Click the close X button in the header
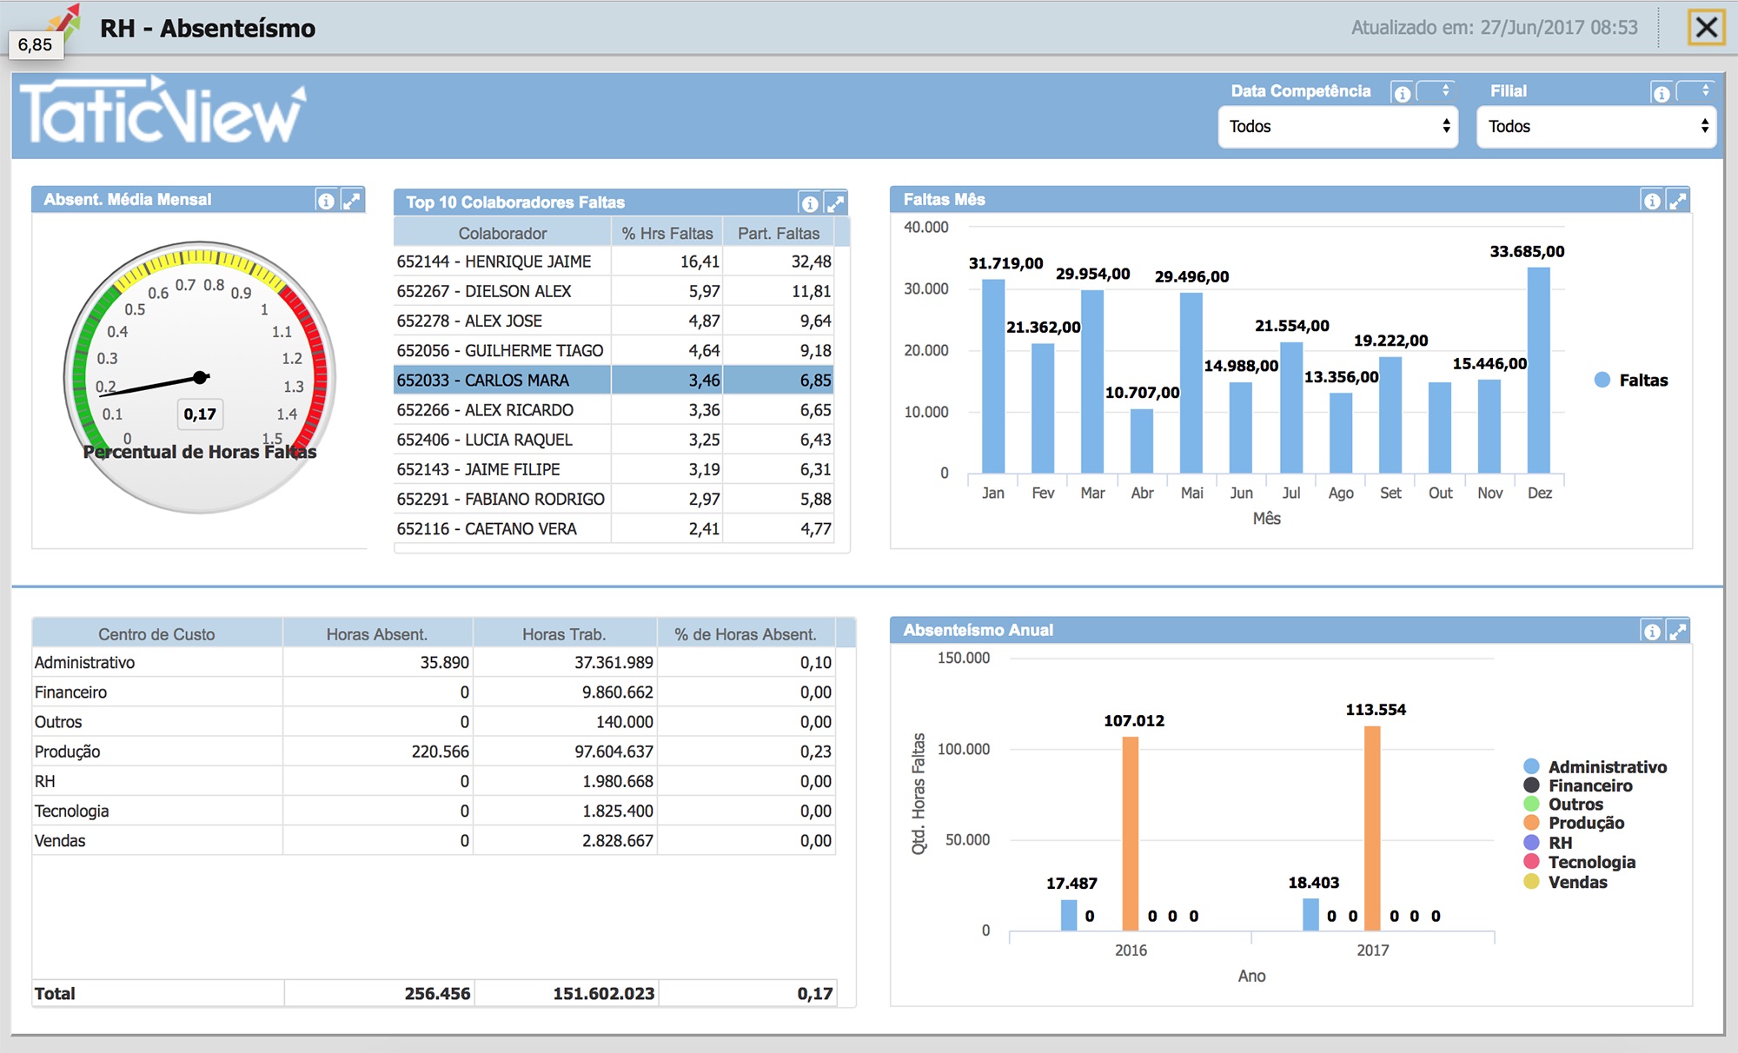[x=1706, y=28]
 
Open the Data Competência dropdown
[x=1338, y=127]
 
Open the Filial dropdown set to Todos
[x=1596, y=127]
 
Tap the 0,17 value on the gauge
[x=200, y=414]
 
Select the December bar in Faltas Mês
[x=1538, y=370]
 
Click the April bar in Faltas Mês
[x=1142, y=441]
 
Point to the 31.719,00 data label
[x=1005, y=263]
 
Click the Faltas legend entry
[x=1632, y=380]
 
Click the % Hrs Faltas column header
[x=667, y=233]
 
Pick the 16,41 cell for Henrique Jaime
[x=667, y=262]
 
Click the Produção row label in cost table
[x=68, y=752]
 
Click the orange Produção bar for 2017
[x=1372, y=829]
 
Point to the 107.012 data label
[x=1134, y=720]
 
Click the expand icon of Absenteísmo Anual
[x=1677, y=632]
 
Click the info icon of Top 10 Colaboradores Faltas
[x=810, y=203]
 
